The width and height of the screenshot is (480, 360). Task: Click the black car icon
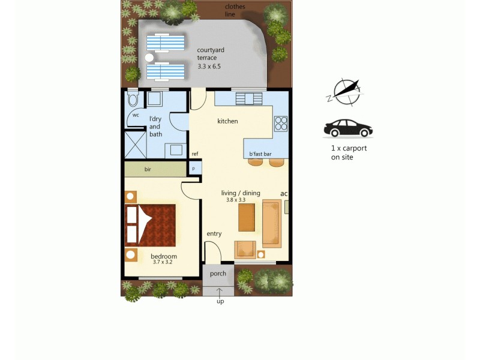coord(348,128)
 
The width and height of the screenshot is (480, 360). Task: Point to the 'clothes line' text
coord(235,10)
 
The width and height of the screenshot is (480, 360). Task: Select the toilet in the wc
coord(133,99)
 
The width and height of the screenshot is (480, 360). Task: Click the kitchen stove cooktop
coord(281,123)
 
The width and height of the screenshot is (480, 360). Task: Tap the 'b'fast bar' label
coord(260,154)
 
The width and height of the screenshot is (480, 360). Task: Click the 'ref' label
coord(195,154)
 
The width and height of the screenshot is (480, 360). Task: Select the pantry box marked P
coord(194,169)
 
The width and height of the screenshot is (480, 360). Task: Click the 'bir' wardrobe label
coord(148,170)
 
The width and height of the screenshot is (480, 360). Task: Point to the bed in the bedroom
coord(151,225)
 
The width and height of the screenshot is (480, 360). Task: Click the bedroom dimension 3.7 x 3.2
coord(162,262)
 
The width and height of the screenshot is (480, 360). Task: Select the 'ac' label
coord(284,193)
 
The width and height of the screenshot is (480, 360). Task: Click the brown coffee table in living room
coord(247,217)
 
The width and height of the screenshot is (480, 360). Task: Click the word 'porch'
coord(218,274)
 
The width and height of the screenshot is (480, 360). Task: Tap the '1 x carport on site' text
coord(349,152)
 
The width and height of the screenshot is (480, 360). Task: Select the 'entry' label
coord(214,233)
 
